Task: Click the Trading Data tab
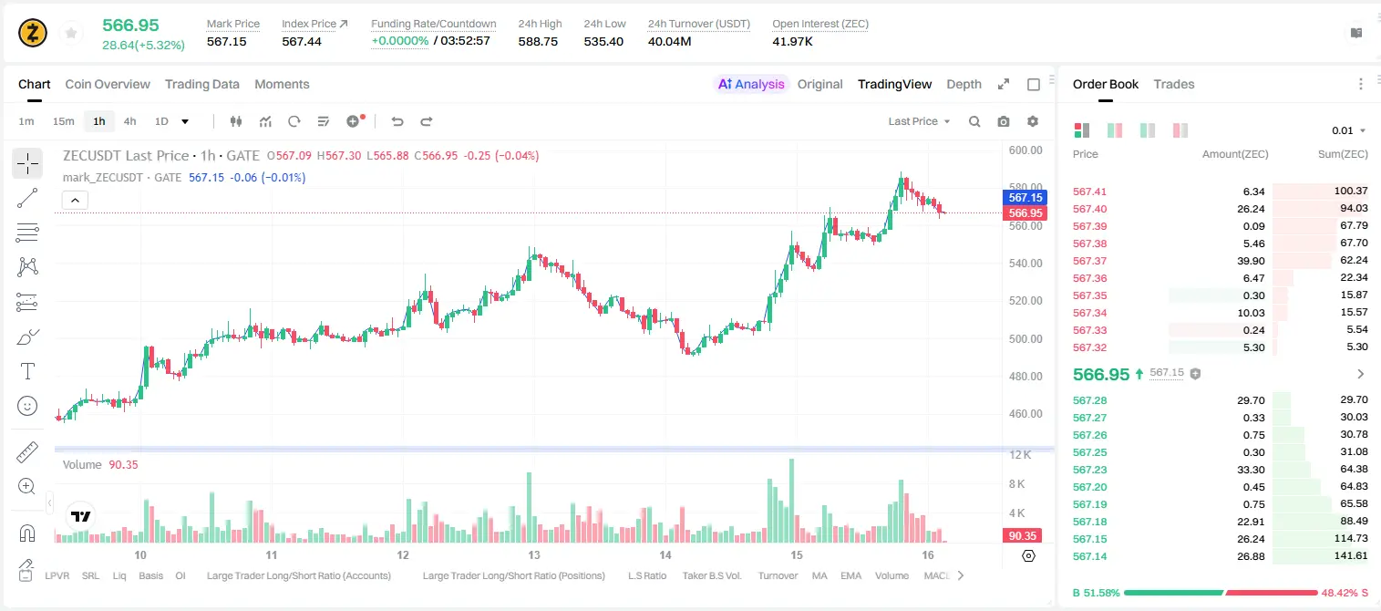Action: [201, 84]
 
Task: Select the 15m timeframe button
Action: [64, 121]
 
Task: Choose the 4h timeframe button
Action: [129, 121]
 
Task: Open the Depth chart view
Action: [964, 84]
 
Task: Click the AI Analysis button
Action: [751, 84]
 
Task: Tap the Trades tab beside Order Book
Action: [1174, 84]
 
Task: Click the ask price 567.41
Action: [1089, 192]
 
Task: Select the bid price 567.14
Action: [1089, 556]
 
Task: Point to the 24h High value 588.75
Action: [538, 41]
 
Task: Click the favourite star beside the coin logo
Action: [71, 34]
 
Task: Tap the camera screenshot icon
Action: [1004, 121]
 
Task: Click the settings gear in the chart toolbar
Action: [1033, 121]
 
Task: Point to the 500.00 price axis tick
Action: [1025, 338]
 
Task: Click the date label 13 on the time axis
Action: [534, 554]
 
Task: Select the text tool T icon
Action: [27, 371]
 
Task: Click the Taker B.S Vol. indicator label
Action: [711, 575]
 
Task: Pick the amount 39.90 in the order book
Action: [1251, 261]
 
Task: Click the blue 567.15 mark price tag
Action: [1025, 197]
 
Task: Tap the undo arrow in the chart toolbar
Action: [397, 121]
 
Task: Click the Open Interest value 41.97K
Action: [792, 41]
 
